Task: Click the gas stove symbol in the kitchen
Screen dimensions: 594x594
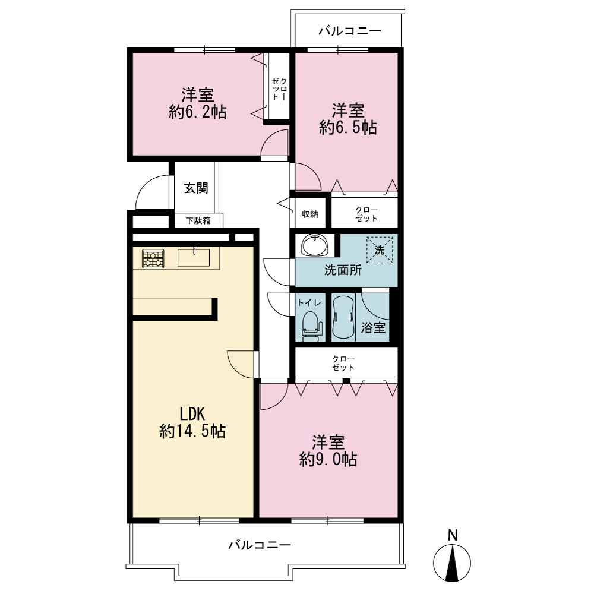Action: (x=153, y=259)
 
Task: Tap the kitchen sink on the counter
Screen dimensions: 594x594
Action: (x=194, y=257)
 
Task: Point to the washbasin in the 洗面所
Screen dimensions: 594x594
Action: (x=314, y=245)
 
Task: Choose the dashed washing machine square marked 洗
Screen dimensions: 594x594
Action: (x=379, y=249)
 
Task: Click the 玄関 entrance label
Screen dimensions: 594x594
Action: (x=196, y=188)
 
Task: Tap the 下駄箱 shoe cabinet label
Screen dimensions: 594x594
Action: (x=198, y=220)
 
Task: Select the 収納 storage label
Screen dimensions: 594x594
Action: (x=310, y=214)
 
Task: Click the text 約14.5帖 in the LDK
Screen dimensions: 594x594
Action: (x=192, y=431)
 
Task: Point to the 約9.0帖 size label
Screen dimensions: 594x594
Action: (x=328, y=460)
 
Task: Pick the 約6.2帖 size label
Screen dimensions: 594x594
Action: (x=197, y=112)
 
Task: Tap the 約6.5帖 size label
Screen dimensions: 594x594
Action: (x=347, y=128)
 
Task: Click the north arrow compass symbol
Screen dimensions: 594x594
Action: (x=452, y=562)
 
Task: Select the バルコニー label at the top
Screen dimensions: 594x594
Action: (x=349, y=31)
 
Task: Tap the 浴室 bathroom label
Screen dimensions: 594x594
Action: (x=373, y=327)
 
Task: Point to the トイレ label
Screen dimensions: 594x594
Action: (x=309, y=303)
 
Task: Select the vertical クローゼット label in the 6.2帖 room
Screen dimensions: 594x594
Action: (x=280, y=89)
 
